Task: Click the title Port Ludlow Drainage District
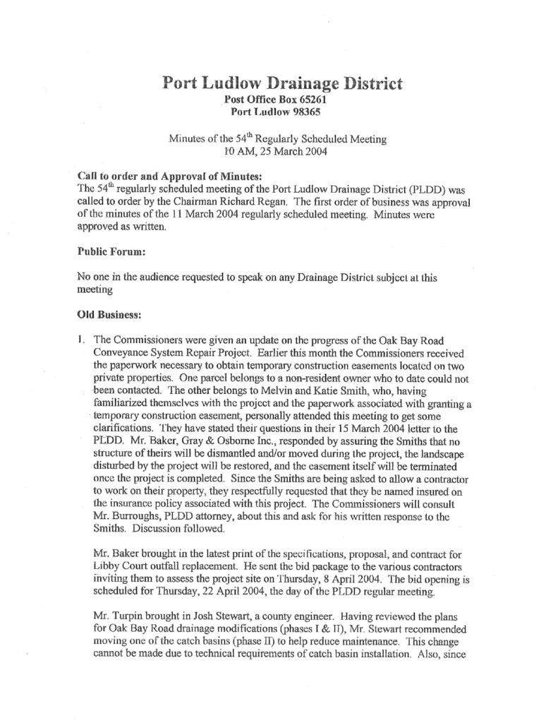282,83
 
